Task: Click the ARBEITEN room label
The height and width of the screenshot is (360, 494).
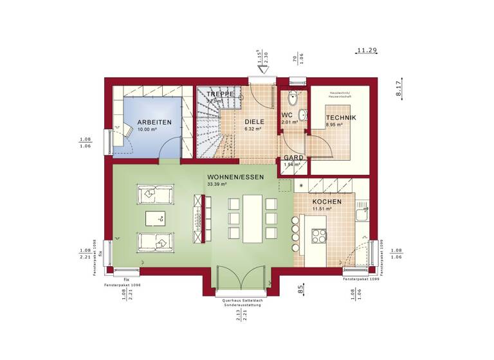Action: pos(154,122)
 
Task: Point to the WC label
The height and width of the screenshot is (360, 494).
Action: pos(287,116)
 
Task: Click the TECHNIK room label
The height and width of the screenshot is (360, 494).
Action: pos(340,118)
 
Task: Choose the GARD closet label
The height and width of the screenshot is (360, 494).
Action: pos(293,157)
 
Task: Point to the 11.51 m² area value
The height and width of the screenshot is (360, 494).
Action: pos(321,209)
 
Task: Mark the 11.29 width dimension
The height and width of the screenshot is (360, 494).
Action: pos(367,50)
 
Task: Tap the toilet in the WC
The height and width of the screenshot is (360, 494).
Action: pos(293,100)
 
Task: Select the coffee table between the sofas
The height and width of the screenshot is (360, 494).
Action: pos(154,219)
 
